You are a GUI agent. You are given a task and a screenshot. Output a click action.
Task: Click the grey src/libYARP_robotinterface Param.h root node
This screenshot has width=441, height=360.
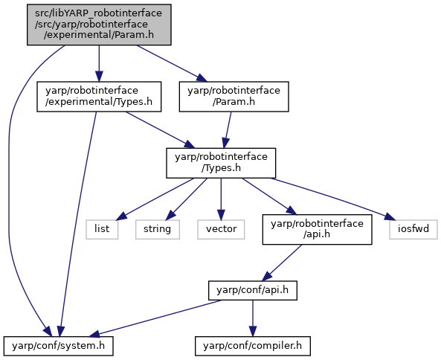coord(99,25)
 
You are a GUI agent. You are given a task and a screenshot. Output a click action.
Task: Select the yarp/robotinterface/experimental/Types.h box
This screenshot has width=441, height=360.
coord(99,97)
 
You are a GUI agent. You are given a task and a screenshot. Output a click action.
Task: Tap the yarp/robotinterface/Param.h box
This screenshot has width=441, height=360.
coord(234,97)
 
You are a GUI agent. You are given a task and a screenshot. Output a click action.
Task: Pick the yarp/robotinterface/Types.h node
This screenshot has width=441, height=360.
coord(221,163)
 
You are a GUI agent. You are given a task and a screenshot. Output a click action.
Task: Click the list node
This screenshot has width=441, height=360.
coord(102,229)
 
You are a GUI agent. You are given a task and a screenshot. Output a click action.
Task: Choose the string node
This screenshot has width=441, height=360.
coord(158,229)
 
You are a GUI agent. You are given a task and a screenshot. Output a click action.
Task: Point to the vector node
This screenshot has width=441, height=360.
coord(221,229)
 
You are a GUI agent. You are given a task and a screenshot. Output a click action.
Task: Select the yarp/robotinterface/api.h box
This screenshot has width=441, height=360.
coord(318,229)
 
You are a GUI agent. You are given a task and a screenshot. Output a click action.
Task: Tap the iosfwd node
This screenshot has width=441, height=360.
coord(413,229)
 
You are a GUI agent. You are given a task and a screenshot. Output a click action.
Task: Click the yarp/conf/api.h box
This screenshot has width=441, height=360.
coord(253,290)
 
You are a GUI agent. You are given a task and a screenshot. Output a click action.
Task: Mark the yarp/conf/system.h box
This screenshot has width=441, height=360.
coord(59,346)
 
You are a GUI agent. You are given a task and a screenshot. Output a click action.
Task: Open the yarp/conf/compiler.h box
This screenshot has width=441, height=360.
coord(253,346)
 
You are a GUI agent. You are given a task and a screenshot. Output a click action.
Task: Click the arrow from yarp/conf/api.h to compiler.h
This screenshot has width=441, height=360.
coord(253,318)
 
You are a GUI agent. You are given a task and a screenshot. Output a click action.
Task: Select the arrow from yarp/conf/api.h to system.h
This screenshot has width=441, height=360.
coord(155,318)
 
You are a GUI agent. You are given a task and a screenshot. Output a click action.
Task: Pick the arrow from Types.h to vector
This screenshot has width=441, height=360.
coord(221,199)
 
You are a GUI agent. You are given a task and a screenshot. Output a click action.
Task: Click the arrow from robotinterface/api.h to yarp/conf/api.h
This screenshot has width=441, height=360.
coord(282,263)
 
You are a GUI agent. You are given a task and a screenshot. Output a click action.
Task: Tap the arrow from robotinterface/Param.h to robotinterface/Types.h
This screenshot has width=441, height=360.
coord(228,129)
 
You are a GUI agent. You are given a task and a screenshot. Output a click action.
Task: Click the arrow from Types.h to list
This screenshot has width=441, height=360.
coord(155,199)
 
